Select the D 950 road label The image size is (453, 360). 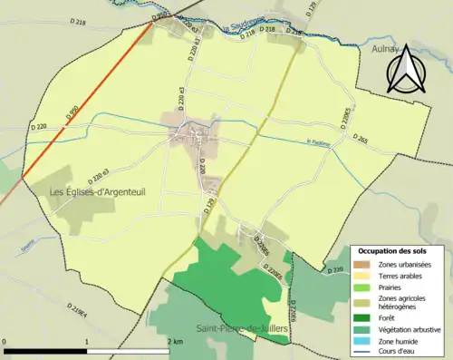pos(72,113)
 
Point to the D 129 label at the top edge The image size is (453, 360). pos(312,10)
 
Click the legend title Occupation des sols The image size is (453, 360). pos(394,250)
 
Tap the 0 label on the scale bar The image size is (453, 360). pos(6,341)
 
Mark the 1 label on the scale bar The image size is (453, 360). pos(87,341)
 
